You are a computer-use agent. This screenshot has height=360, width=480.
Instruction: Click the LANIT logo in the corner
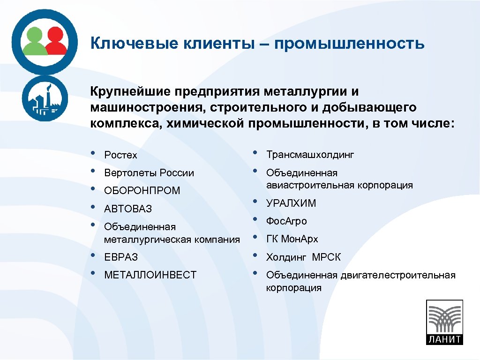click(x=444, y=322)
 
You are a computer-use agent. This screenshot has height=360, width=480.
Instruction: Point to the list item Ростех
click(x=120, y=155)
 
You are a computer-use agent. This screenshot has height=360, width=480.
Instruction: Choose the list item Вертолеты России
click(x=149, y=173)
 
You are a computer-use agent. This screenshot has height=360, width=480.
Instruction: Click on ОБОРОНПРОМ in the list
click(x=142, y=191)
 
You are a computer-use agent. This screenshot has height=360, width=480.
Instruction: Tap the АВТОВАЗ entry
click(x=128, y=209)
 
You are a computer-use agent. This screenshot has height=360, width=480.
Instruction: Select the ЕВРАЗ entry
click(x=121, y=257)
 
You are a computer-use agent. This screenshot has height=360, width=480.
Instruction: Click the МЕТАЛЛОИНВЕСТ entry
click(x=150, y=275)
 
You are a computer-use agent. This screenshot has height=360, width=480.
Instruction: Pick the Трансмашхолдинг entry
click(x=310, y=155)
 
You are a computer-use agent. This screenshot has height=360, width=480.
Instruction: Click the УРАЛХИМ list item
click(x=291, y=203)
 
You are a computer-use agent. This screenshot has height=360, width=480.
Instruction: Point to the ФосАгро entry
click(x=286, y=221)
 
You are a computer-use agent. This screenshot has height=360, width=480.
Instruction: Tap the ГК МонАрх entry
click(x=292, y=239)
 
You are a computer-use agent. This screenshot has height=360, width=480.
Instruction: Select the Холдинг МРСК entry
click(x=303, y=257)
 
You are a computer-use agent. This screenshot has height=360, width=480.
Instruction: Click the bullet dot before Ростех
click(x=94, y=153)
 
